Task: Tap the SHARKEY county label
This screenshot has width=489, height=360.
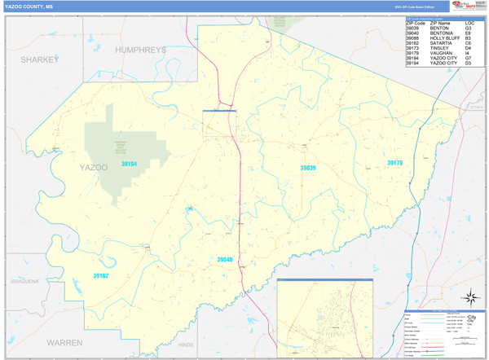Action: tap(40, 59)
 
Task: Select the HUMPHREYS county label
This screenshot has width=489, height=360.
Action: tap(140, 50)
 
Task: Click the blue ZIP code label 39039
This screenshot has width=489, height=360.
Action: tap(307, 168)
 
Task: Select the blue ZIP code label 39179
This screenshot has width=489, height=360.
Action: tap(394, 163)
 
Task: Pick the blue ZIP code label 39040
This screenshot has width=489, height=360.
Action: tap(224, 259)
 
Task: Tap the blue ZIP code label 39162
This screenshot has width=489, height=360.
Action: tap(100, 276)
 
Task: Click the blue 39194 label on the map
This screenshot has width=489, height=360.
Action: tap(129, 164)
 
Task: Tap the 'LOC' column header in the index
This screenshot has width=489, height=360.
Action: tap(469, 24)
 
